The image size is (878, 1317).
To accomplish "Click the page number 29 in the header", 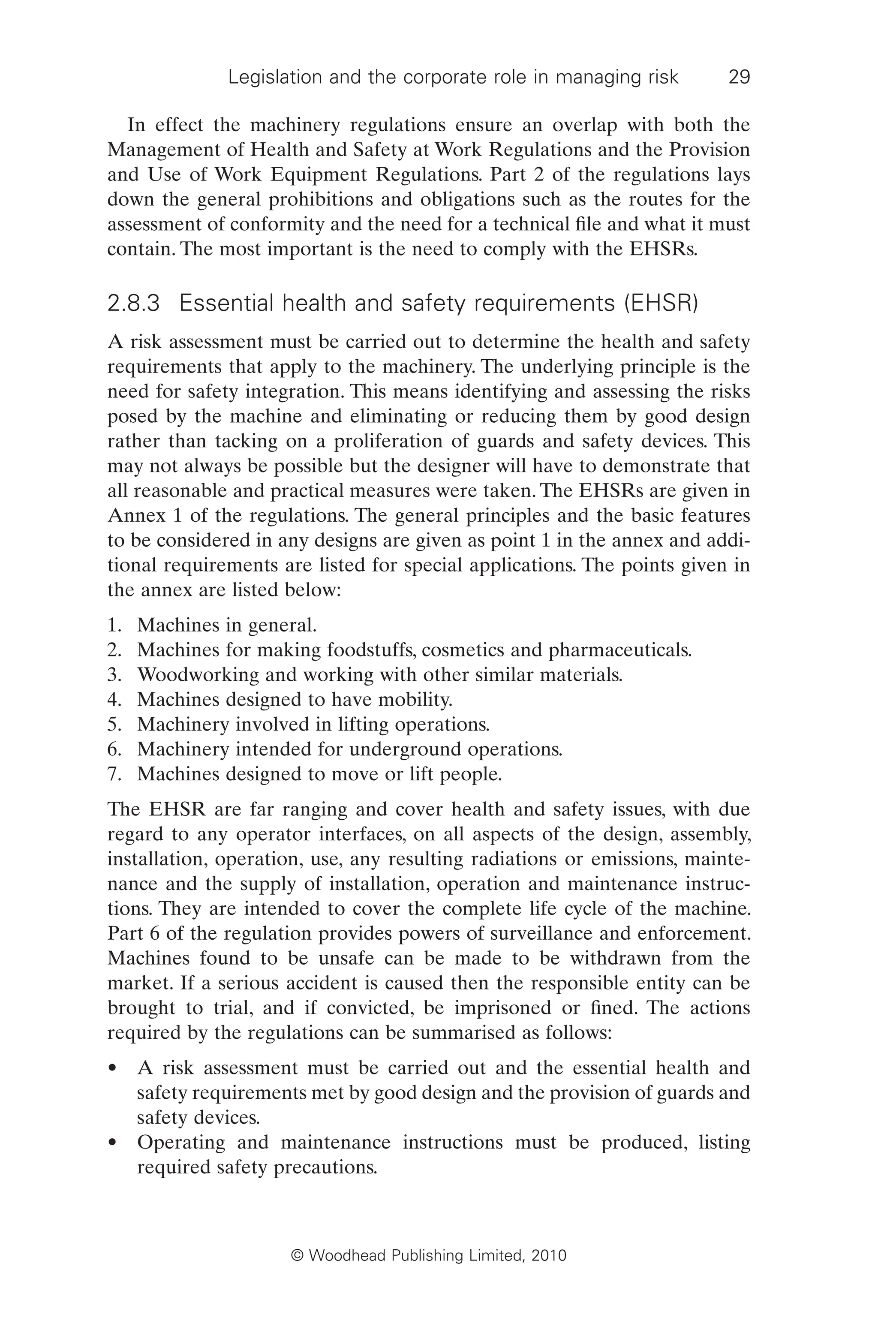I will pyautogui.click(x=739, y=77).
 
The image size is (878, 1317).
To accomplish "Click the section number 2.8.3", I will pyautogui.click(x=133, y=304).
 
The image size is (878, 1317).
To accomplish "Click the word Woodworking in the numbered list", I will pyautogui.click(x=198, y=675).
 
